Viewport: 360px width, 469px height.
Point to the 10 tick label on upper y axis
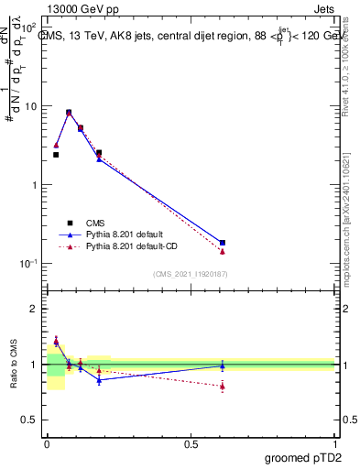pos(32,106)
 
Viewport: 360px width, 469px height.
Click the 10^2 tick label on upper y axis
pos(29,27)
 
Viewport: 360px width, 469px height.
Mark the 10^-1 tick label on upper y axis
pos(29,263)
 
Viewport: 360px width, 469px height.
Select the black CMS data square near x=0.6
pos(223,243)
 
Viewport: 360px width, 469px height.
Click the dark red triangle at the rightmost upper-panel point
pos(223,251)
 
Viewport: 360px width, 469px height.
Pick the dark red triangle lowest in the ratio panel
pos(223,387)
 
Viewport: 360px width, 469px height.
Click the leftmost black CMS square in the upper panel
pos(56,155)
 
